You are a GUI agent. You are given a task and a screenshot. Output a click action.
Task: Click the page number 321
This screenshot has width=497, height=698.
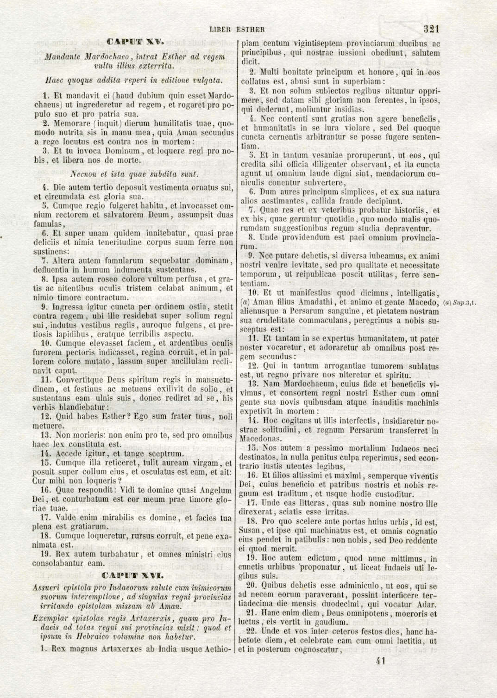click(431, 29)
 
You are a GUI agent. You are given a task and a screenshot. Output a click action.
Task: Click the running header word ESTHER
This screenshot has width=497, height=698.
click(251, 30)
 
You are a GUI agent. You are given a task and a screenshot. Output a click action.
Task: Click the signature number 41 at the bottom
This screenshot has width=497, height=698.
click(381, 660)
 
